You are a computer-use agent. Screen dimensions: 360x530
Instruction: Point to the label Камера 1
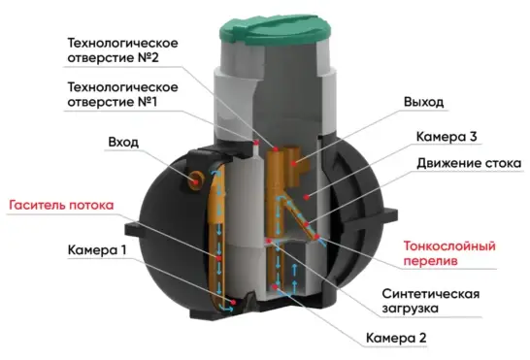[x=97, y=249]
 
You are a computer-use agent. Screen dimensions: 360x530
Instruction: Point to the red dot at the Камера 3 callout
[x=308, y=196]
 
